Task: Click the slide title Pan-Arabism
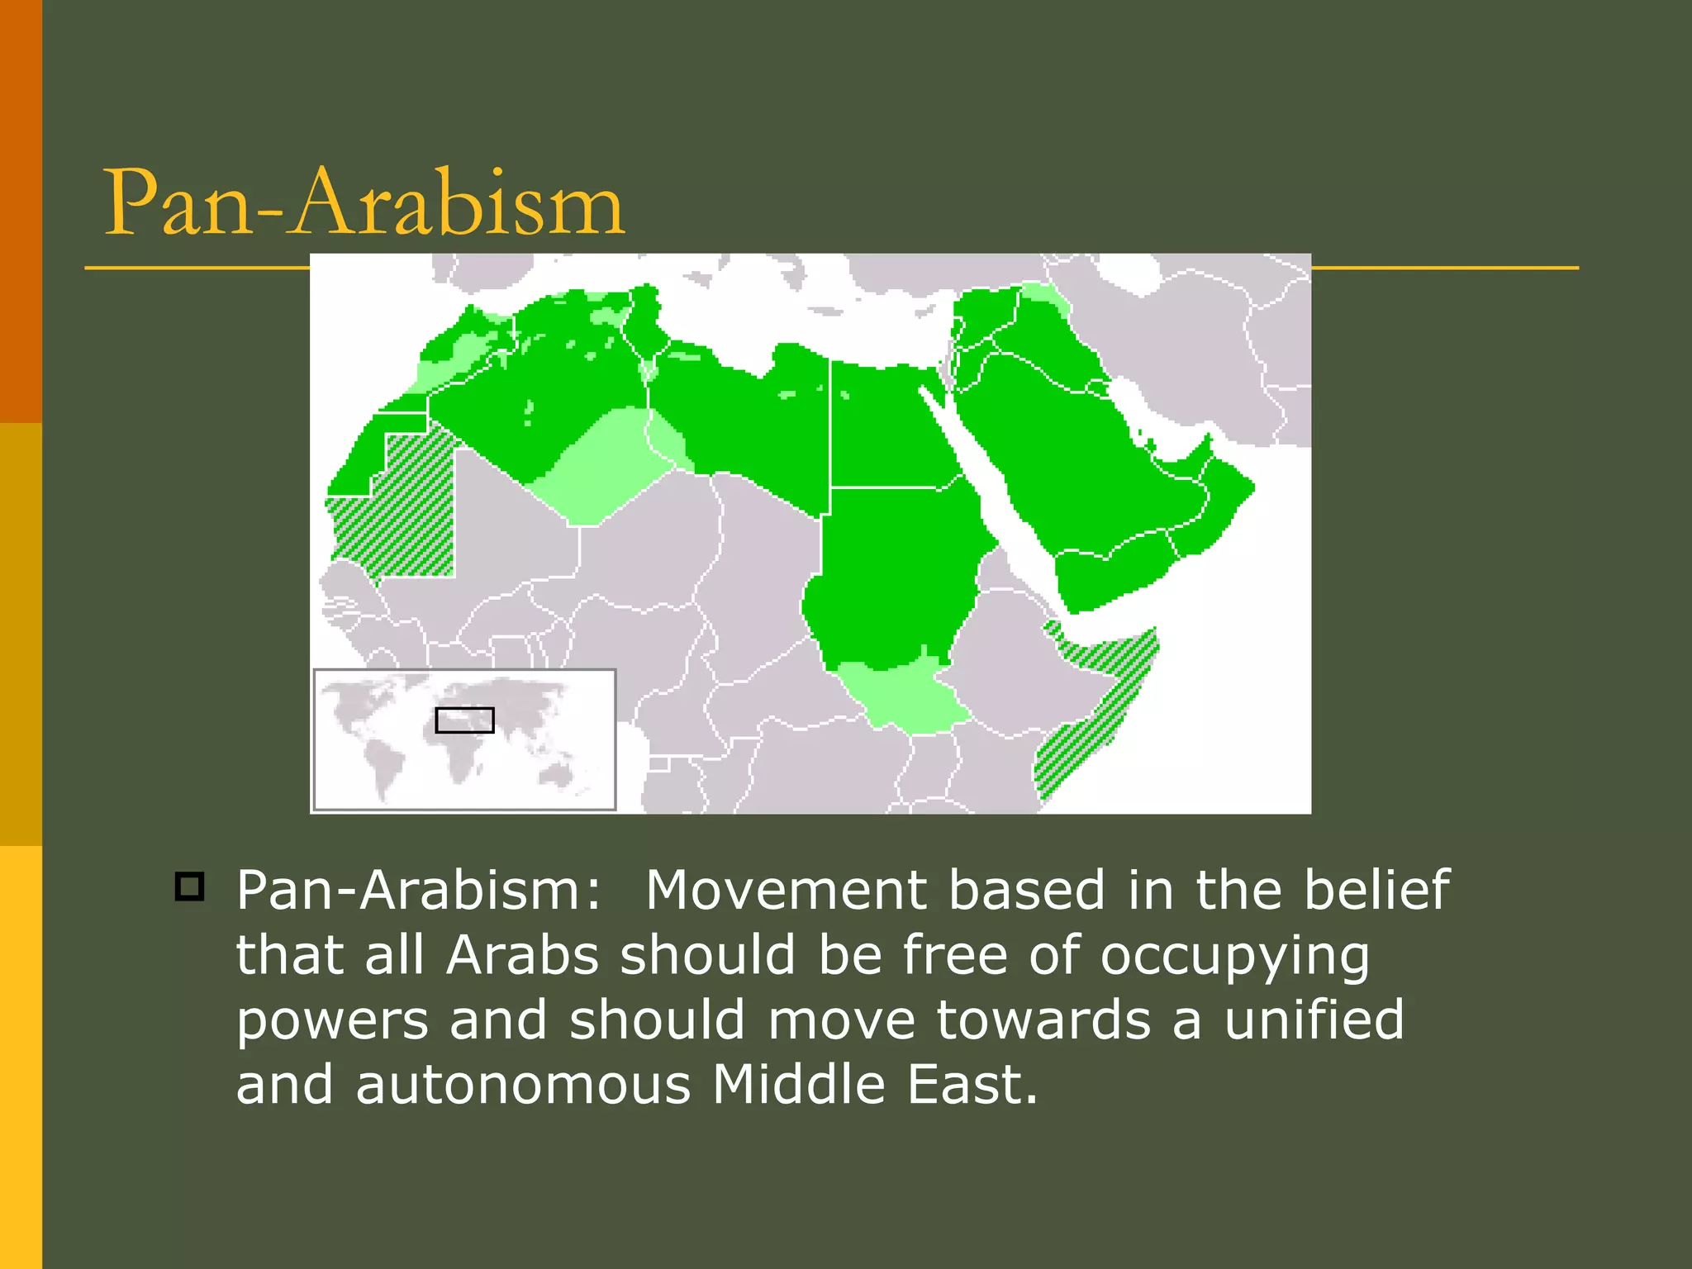pos(364,202)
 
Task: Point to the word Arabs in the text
pos(522,955)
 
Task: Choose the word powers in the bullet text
pos(332,1021)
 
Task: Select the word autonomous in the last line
pos(522,1085)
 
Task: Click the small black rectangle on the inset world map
pos(464,720)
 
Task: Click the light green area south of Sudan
pos(905,694)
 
